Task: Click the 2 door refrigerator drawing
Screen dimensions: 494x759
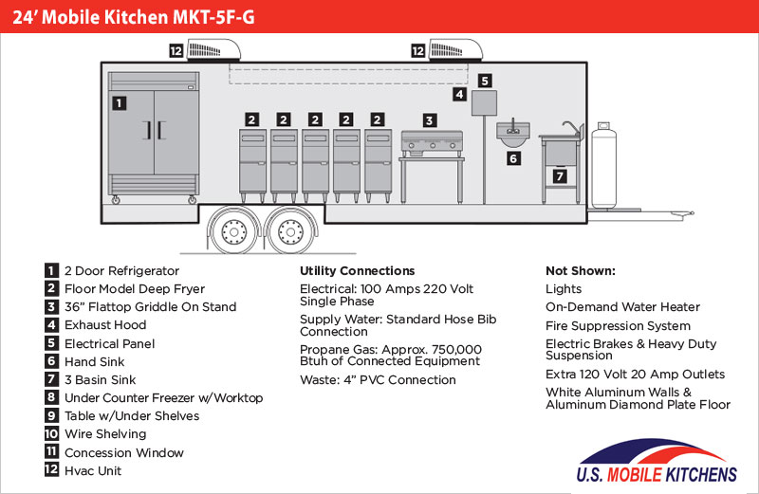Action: (154, 133)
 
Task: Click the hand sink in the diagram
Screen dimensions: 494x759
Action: (513, 133)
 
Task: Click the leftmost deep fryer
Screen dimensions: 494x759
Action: (251, 161)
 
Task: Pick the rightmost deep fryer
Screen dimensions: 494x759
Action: (378, 161)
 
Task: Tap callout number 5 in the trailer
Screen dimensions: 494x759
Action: (484, 81)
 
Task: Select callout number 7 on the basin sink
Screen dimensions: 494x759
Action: (560, 176)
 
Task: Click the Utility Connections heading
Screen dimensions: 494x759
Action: (357, 270)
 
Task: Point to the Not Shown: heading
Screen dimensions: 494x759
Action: (580, 270)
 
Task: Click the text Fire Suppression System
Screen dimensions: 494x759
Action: (618, 325)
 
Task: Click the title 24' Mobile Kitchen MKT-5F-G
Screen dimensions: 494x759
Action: (133, 16)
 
